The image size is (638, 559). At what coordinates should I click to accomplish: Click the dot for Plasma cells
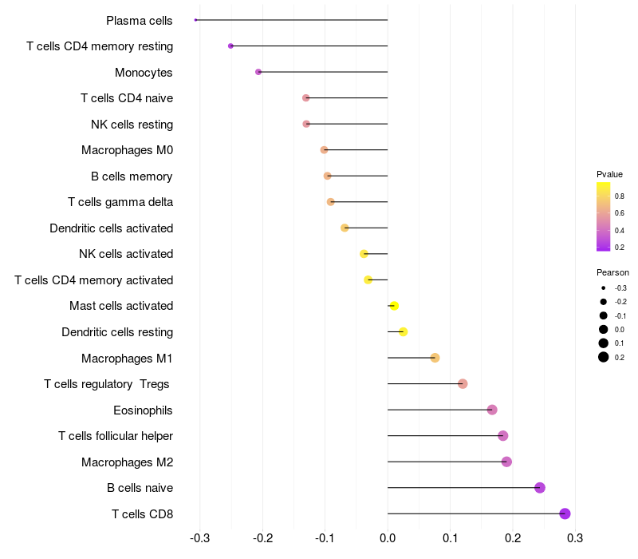point(195,20)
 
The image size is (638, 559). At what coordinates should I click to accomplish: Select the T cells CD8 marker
point(565,513)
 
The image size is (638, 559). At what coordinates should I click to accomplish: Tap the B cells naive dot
point(540,488)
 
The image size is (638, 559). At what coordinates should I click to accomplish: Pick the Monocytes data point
point(258,72)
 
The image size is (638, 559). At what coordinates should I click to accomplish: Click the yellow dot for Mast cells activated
point(394,306)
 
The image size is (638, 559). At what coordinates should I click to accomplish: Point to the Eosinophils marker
point(492,410)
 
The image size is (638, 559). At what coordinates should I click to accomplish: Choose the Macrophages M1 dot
point(435,358)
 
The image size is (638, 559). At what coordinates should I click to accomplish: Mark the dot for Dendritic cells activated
point(345,228)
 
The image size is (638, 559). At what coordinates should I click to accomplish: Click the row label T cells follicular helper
point(116,436)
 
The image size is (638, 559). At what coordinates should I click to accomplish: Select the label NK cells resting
point(132,125)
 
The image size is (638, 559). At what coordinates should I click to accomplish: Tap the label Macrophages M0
point(127,150)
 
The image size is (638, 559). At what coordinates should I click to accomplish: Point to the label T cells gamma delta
point(120,202)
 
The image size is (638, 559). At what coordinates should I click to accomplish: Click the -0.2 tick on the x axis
point(262,538)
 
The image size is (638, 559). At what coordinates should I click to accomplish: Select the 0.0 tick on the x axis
point(388,538)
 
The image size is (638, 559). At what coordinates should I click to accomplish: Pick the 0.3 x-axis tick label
point(575,538)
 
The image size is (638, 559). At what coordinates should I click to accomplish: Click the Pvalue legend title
point(609,174)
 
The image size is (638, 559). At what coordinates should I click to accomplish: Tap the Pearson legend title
point(612,272)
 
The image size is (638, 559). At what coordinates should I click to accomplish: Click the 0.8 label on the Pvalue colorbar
point(620,196)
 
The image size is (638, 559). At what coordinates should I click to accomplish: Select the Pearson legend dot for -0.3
point(604,288)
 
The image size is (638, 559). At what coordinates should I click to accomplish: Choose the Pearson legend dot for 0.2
point(604,357)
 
